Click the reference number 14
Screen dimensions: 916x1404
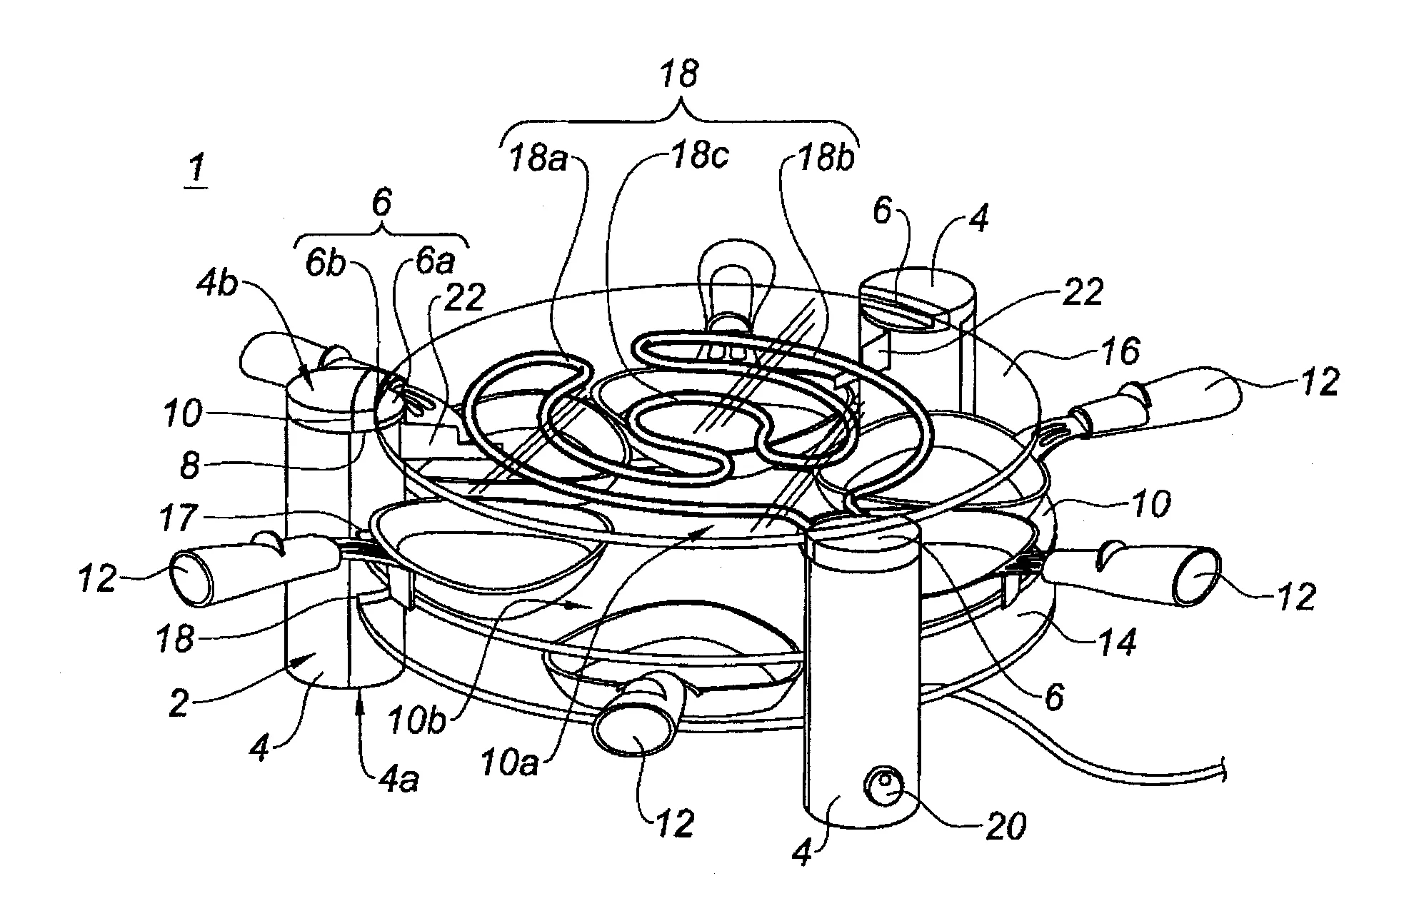pos(1116,643)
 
